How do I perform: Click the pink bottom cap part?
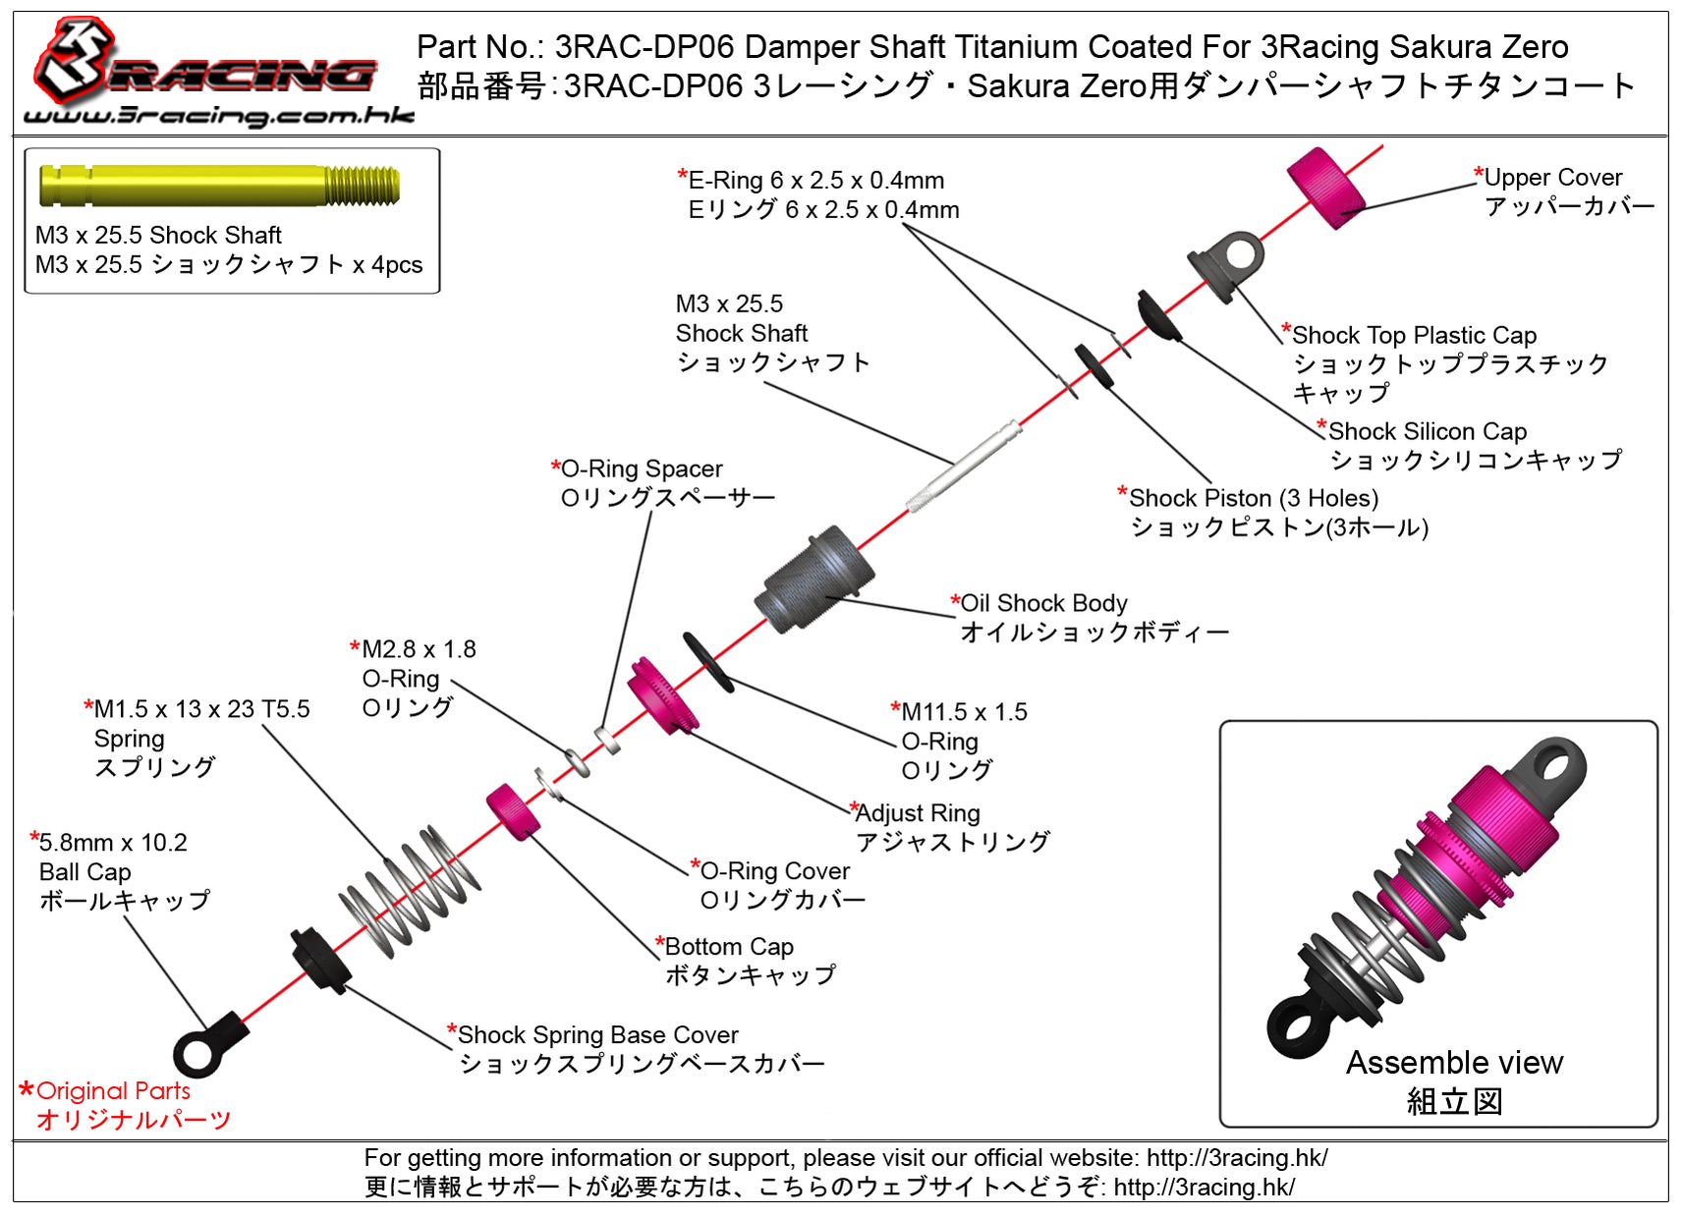pyautogui.click(x=514, y=811)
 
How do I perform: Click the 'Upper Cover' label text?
pyautogui.click(x=1552, y=178)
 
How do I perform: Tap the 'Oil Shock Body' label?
pyautogui.click(x=1043, y=603)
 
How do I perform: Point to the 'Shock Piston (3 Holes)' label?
pyautogui.click(x=1253, y=498)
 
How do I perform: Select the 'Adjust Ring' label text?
pyautogui.click(x=918, y=813)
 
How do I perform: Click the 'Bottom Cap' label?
pyautogui.click(x=729, y=947)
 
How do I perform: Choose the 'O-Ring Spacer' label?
pyautogui.click(x=641, y=469)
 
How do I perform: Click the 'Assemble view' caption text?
pyautogui.click(x=1454, y=1063)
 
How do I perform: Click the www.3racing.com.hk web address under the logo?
pyautogui.click(x=218, y=116)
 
